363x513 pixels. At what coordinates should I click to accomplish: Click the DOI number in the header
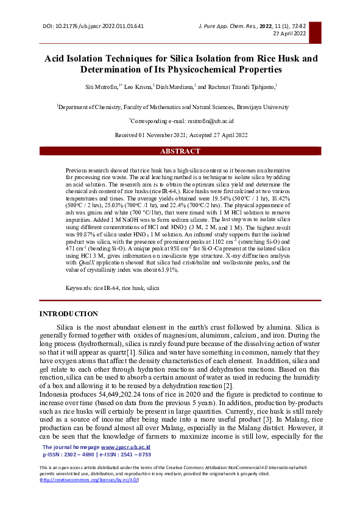click(x=101, y=27)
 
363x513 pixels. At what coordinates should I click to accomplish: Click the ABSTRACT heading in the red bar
click(x=181, y=151)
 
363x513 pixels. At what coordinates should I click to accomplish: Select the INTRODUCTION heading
click(x=68, y=314)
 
